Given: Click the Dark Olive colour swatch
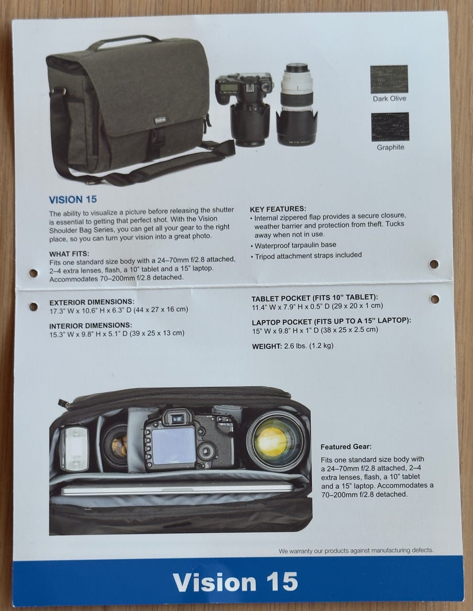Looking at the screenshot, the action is point(389,79).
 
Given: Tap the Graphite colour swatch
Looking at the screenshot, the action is point(390,127).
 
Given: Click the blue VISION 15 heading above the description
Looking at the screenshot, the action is point(73,200).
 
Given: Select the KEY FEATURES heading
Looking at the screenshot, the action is point(278,209).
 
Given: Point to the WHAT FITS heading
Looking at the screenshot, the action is point(69,254).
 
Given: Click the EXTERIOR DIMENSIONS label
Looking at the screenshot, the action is point(92,302).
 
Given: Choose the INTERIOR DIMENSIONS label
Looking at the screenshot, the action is point(91,326).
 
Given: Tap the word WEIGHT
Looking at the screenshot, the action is point(267,346).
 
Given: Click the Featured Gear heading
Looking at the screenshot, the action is point(346,447).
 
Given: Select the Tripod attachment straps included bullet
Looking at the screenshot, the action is point(306,256).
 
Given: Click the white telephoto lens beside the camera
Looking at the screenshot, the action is point(297,104).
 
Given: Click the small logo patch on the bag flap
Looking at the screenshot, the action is point(160,120).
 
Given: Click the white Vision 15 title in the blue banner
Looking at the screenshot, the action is point(235,581).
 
